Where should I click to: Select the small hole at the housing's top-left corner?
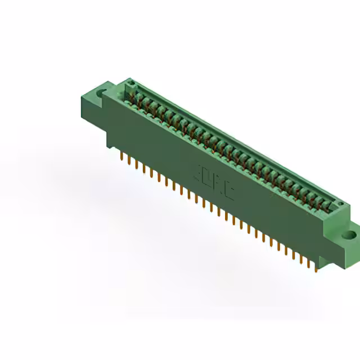[130, 84]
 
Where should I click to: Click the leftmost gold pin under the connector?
[121, 156]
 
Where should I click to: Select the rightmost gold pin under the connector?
[316, 266]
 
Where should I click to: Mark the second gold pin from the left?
[129, 160]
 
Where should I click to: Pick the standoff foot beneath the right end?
[324, 260]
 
